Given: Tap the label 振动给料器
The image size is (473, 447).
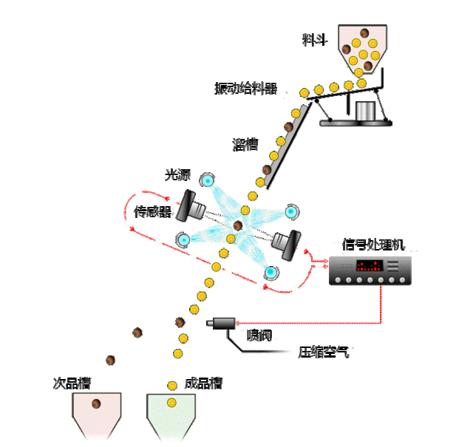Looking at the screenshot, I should tap(245, 89).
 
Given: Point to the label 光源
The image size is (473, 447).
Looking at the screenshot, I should tap(178, 175).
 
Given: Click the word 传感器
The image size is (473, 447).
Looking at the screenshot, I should tap(153, 213).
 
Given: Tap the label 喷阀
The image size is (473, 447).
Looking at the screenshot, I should tap(259, 337).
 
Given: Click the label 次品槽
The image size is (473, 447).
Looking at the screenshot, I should tap(77, 383).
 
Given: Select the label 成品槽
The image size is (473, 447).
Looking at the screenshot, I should tap(203, 383).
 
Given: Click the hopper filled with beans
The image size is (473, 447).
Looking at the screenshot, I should tap(361, 48).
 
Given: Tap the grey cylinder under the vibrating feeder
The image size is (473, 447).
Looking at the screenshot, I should tap(365, 111).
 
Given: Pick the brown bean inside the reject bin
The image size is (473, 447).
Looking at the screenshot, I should tap(96, 404).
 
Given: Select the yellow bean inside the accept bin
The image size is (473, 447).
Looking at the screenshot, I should tap(171, 403).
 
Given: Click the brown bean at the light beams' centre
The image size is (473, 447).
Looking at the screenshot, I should tap(238, 225).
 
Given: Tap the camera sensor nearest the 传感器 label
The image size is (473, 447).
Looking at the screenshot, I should tap(194, 205).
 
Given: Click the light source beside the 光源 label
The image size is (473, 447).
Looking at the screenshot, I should tap(208, 180).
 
